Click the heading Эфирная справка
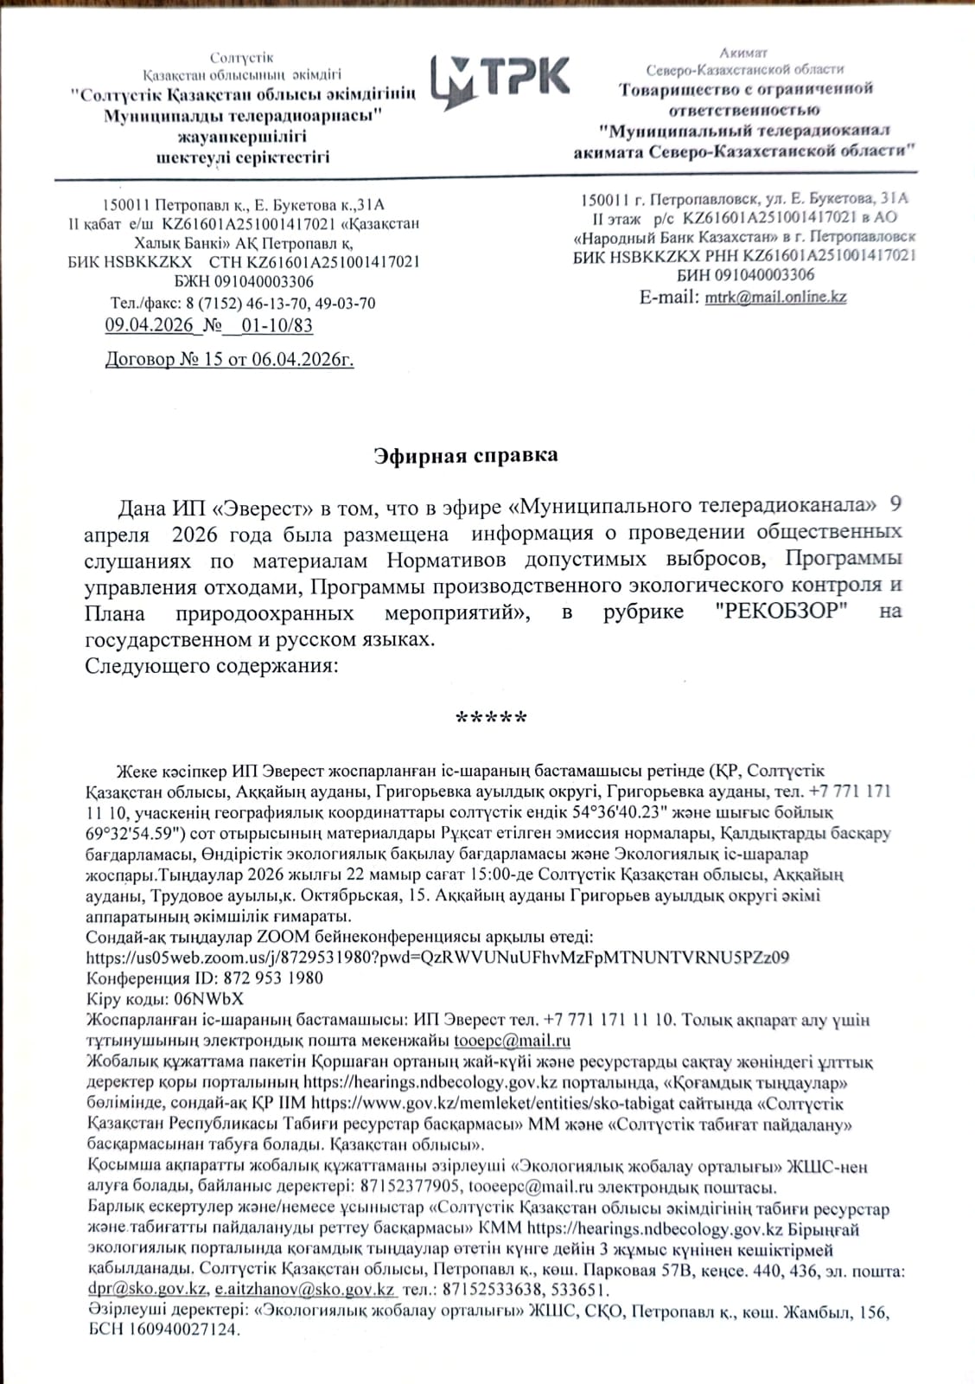466,456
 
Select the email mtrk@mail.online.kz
775,297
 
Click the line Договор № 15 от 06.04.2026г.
229,360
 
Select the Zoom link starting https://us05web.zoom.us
437,958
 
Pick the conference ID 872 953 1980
273,978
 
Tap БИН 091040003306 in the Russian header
745,275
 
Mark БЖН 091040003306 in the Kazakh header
244,282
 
